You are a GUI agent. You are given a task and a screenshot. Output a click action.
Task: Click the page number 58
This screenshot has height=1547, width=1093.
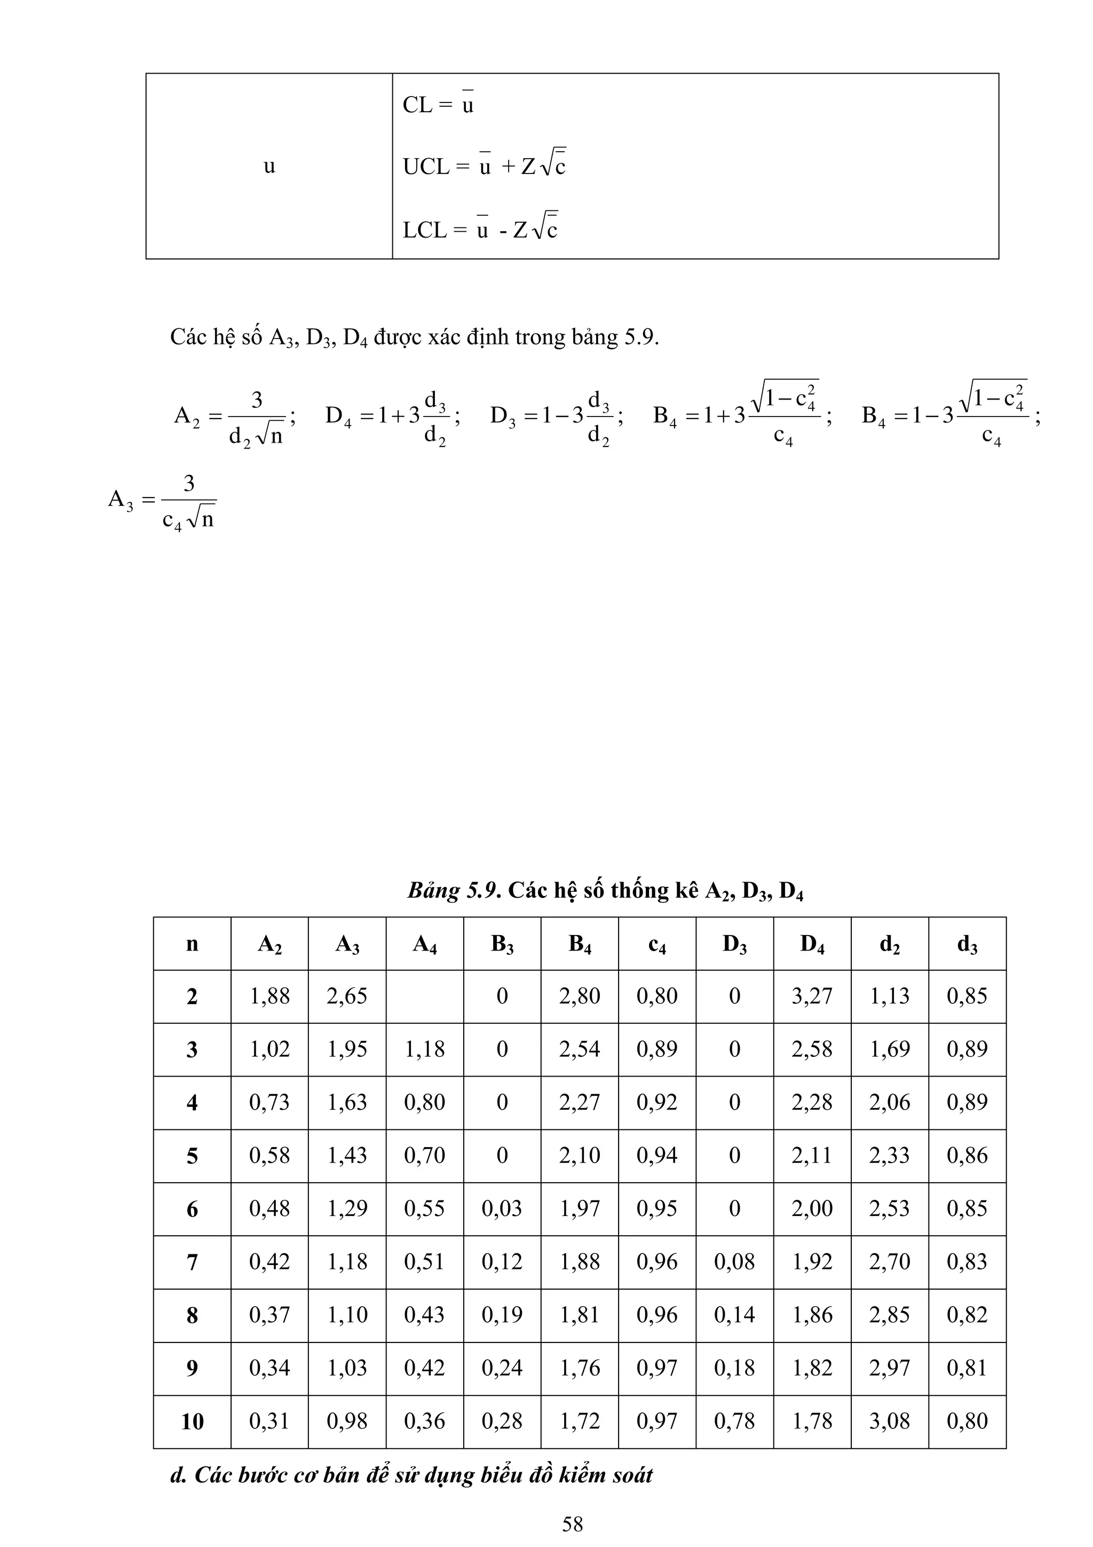coord(573,1524)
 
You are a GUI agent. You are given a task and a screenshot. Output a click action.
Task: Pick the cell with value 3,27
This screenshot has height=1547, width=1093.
coord(812,996)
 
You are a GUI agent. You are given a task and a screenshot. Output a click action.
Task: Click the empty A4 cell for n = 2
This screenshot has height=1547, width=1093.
coord(424,996)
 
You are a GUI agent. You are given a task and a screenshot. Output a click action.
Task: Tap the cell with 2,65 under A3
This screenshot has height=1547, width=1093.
coord(347,996)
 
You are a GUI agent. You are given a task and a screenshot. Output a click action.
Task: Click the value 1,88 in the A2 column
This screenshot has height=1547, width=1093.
coord(270,996)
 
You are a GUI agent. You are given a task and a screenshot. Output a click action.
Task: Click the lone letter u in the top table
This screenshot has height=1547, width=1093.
coord(270,166)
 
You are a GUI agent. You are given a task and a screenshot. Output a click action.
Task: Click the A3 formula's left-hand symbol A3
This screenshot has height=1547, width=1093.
coord(121,500)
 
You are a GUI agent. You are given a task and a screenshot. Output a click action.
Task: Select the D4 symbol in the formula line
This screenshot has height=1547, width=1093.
coord(338,416)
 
